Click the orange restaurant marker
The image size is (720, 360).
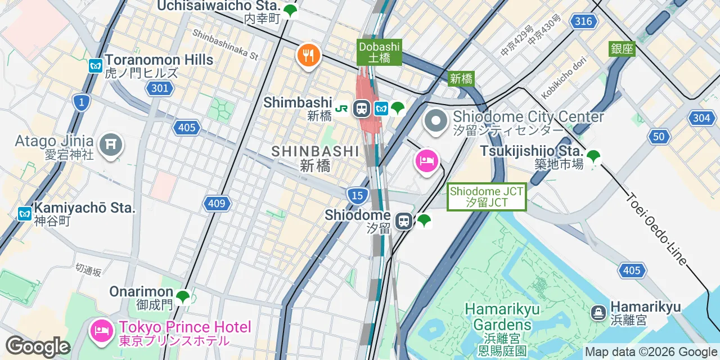308,56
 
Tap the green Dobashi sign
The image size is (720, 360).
380,52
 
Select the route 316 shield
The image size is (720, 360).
583,21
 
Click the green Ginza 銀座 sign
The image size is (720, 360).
622,49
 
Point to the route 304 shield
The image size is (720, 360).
701,118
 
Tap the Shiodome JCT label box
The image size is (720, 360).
487,197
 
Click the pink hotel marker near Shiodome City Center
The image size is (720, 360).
427,161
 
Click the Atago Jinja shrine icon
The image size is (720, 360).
111,145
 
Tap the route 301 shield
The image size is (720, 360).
160,88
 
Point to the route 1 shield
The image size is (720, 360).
82,102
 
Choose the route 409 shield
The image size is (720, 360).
217,204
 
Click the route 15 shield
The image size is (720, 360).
358,195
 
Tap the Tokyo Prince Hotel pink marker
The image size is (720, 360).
101,330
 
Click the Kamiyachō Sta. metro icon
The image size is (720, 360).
24,214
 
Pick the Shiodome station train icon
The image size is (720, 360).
403,220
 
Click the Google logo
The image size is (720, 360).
38,346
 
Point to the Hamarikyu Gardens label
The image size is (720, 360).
502,317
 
